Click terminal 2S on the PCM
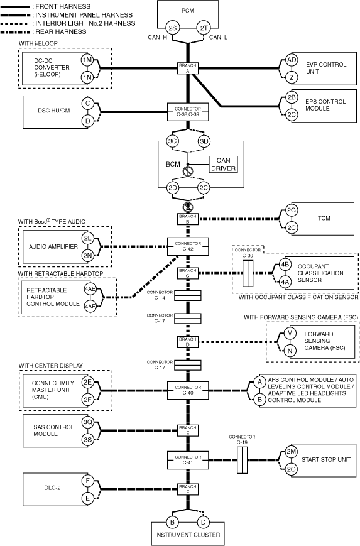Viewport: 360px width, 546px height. tap(172, 28)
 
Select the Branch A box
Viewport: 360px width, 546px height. tap(188, 68)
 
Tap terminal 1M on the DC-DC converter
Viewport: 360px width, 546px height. tap(87, 60)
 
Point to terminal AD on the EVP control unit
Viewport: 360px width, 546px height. tap(292, 60)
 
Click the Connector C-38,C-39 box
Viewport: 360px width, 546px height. tap(188, 112)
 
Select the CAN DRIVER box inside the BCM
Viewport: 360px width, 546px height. tap(223, 165)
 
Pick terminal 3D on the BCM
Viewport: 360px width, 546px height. tap(204, 141)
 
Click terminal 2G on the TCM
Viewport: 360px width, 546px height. tap(292, 210)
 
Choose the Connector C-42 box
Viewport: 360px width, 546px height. tap(188, 246)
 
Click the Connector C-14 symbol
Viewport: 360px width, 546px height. tap(188, 295)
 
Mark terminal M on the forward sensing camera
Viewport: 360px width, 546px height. tap(290, 333)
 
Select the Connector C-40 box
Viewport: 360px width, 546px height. tap(188, 390)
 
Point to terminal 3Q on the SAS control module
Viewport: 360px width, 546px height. tap(87, 422)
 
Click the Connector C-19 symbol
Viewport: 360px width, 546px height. tap(242, 460)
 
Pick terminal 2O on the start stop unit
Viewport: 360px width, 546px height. tap(292, 469)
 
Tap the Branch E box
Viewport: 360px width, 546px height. tap(188, 430)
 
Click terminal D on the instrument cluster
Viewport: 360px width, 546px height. tap(204, 522)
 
